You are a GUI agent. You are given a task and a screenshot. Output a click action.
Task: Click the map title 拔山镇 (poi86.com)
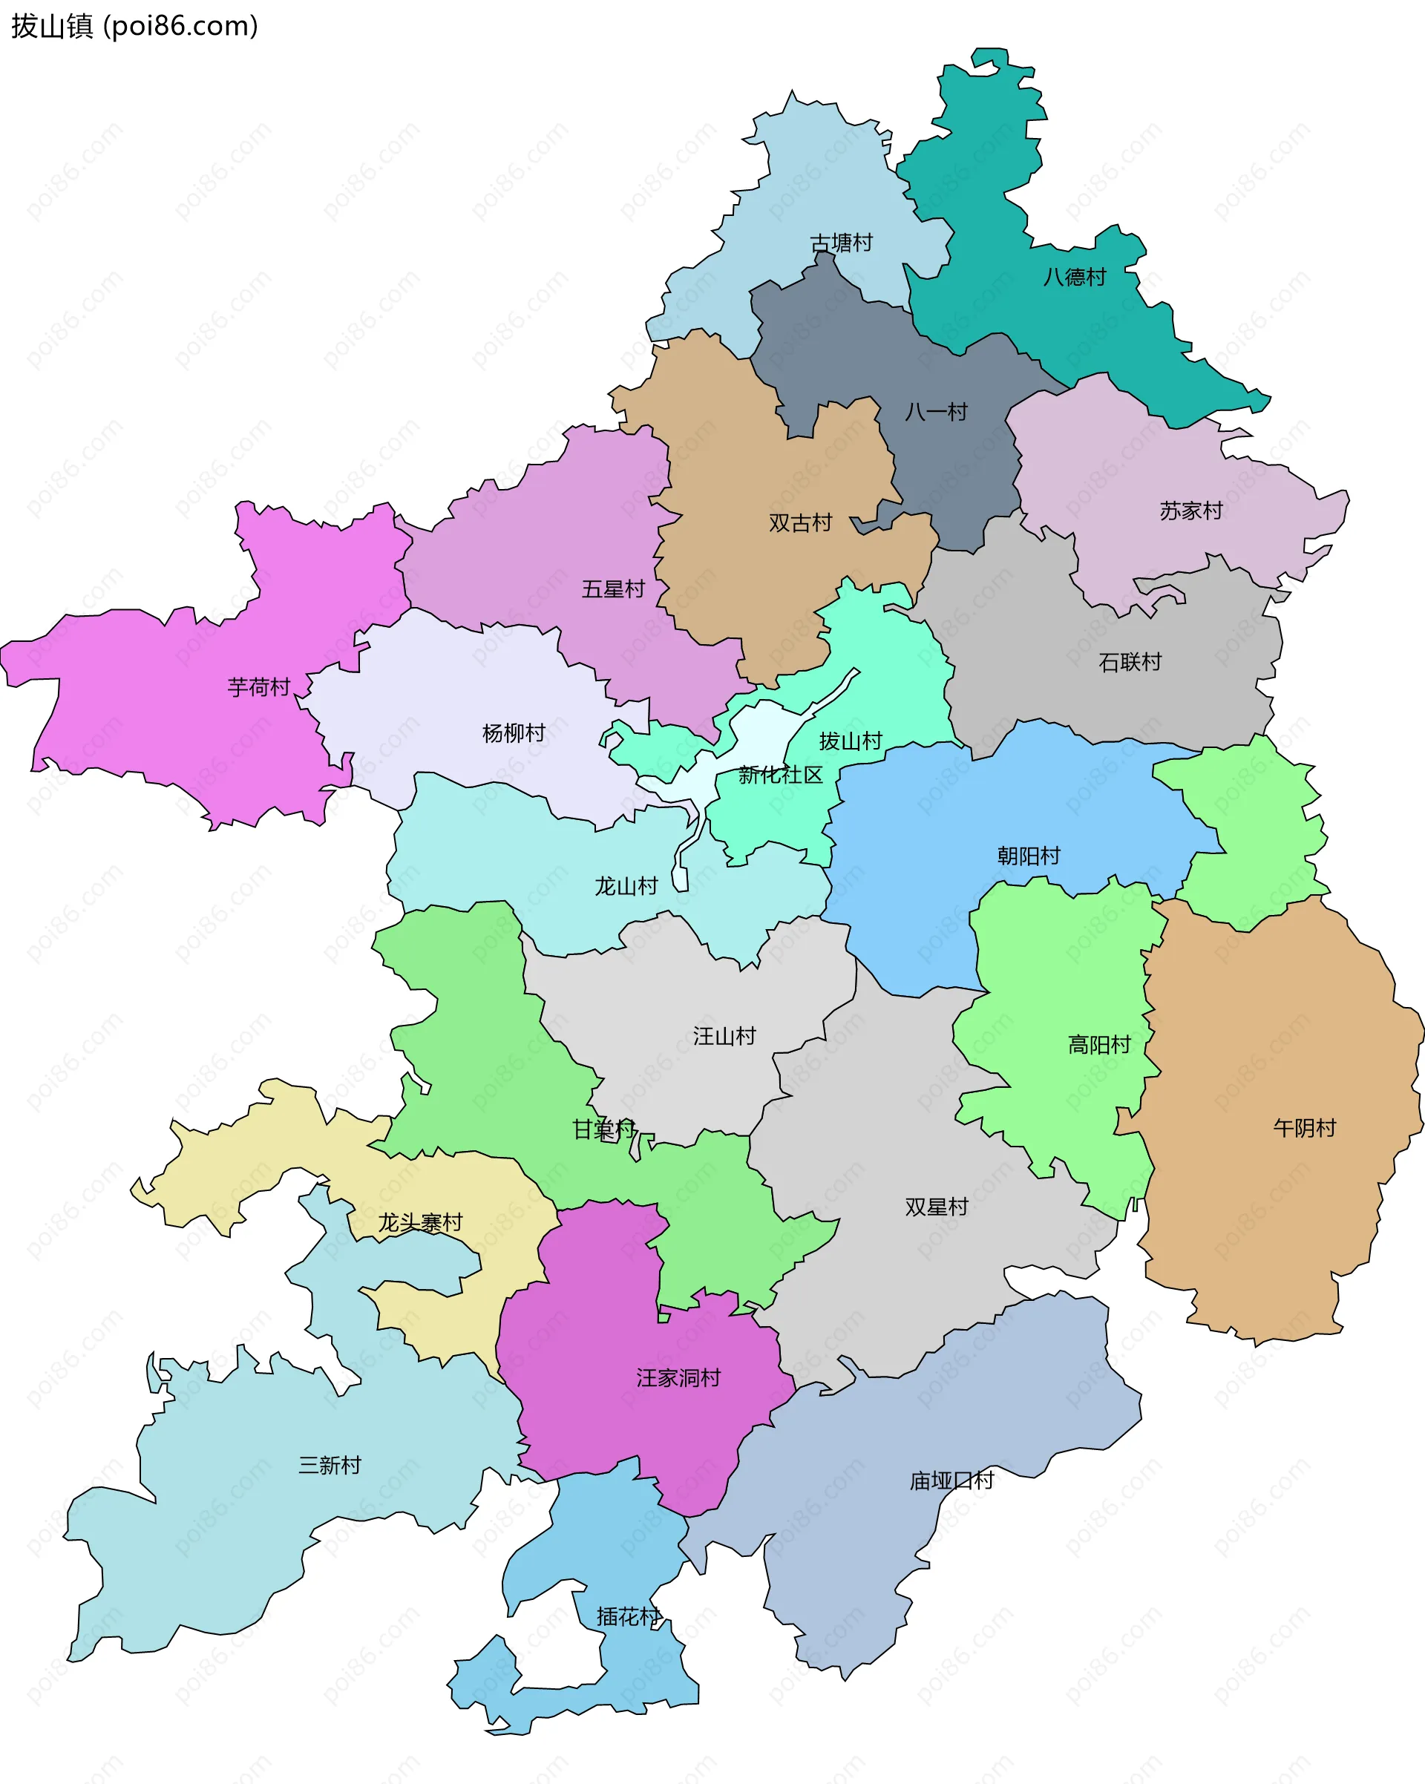[135, 27]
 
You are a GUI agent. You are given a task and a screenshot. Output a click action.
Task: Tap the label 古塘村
[841, 243]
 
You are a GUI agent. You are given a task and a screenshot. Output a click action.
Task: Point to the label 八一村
[936, 412]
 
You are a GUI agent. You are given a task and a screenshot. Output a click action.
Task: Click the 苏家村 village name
[1190, 511]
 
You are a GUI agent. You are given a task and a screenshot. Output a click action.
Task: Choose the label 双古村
[800, 523]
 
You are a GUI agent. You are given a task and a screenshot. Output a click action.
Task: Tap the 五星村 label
[612, 589]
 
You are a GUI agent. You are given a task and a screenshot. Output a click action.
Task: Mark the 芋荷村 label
[259, 686]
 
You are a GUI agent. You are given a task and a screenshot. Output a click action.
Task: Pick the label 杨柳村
[514, 733]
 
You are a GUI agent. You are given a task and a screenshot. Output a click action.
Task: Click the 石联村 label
[1130, 662]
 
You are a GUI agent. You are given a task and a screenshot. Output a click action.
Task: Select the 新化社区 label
[780, 775]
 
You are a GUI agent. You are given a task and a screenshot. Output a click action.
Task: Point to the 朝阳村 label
[1029, 856]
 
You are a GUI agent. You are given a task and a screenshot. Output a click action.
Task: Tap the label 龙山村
[626, 886]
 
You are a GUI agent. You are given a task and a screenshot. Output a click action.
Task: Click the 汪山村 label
[724, 1036]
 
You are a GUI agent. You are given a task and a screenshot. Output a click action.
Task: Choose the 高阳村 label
[1099, 1045]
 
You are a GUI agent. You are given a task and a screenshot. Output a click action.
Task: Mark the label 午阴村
[1304, 1128]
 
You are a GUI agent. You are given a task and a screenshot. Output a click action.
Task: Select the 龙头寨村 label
[420, 1222]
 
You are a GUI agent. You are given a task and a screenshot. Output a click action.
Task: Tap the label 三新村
[330, 1466]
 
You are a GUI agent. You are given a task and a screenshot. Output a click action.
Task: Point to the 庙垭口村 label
[951, 1480]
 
